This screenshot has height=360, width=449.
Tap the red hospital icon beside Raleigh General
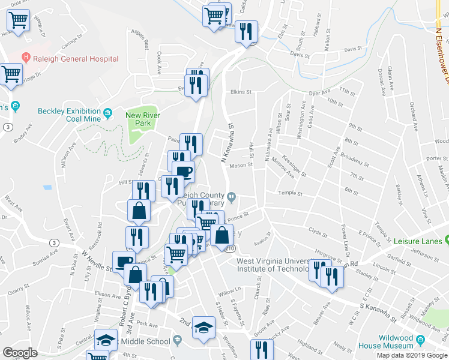pos(26,58)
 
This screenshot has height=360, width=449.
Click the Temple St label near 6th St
pos(289,193)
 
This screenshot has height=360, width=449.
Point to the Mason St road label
pos(241,166)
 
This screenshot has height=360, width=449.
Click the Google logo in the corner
pos(20,352)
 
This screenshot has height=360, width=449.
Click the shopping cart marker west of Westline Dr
pos(18,20)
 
